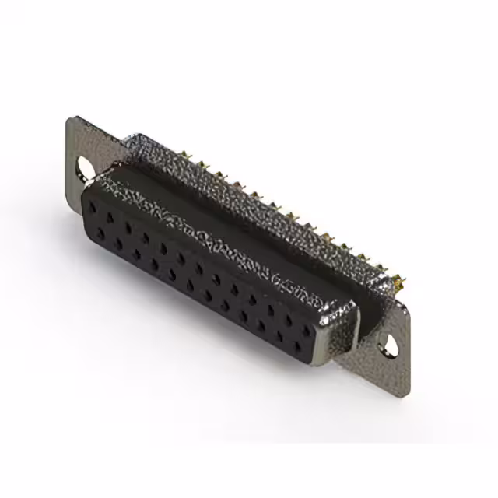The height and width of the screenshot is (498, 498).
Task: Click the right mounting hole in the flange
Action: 388,341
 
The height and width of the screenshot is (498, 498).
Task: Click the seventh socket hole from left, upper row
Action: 199,265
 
